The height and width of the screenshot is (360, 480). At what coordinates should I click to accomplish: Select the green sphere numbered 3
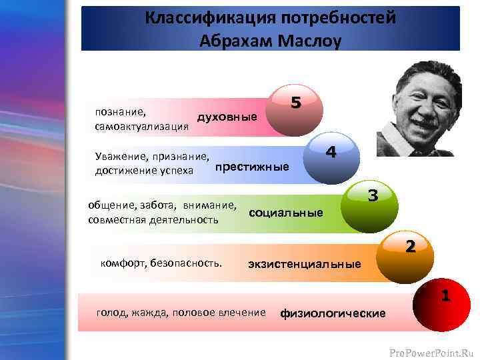368,207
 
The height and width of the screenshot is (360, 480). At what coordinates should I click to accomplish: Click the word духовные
227,117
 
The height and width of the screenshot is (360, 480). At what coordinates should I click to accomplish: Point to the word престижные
252,167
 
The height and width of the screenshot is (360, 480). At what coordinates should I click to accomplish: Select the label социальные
285,213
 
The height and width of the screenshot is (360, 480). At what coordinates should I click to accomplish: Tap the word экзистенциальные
304,264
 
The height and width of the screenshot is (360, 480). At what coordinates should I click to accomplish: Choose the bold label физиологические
333,313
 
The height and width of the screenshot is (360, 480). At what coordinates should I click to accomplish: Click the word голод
112,311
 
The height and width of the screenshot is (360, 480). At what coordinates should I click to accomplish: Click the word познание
121,113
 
